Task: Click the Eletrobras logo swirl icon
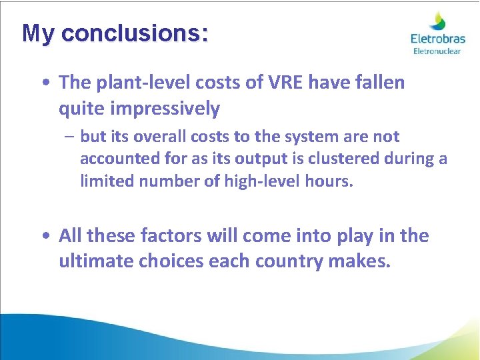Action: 437,21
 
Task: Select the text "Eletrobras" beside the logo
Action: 437,39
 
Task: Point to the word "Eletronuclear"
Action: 437,51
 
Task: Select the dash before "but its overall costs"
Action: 69,137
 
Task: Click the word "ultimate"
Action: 96,261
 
